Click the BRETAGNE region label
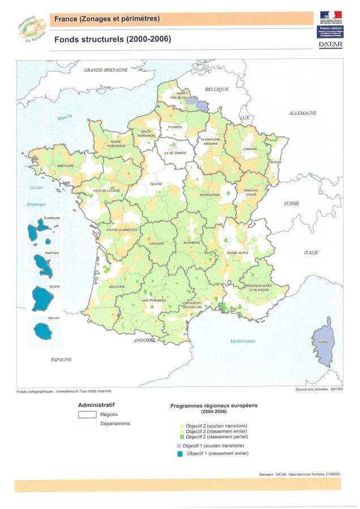pyautogui.click(x=66, y=166)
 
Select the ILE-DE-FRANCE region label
pyautogui.click(x=175, y=153)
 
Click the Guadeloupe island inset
pyautogui.click(x=44, y=232)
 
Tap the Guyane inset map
pyautogui.click(x=44, y=299)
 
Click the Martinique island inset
pyautogui.click(x=44, y=265)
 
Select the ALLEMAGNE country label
pyautogui.click(x=302, y=113)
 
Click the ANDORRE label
pyautogui.click(x=145, y=340)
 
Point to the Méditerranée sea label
pyautogui.click(x=243, y=340)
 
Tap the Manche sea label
pyautogui.click(x=65, y=117)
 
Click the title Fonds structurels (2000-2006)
pyautogui.click(x=112, y=39)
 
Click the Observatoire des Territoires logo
pyautogui.click(x=32, y=29)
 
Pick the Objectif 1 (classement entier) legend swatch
pyautogui.click(x=181, y=453)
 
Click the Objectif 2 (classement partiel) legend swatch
pyautogui.click(x=181, y=437)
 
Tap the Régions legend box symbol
pyautogui.click(x=87, y=415)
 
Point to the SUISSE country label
pyautogui.click(x=292, y=203)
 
